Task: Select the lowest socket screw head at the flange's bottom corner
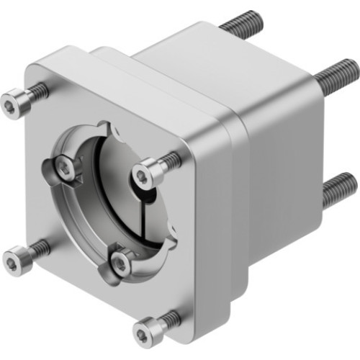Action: (146, 332)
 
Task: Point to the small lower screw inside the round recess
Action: (121, 264)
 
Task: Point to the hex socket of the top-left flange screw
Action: (10, 105)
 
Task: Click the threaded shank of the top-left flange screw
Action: (36, 93)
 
